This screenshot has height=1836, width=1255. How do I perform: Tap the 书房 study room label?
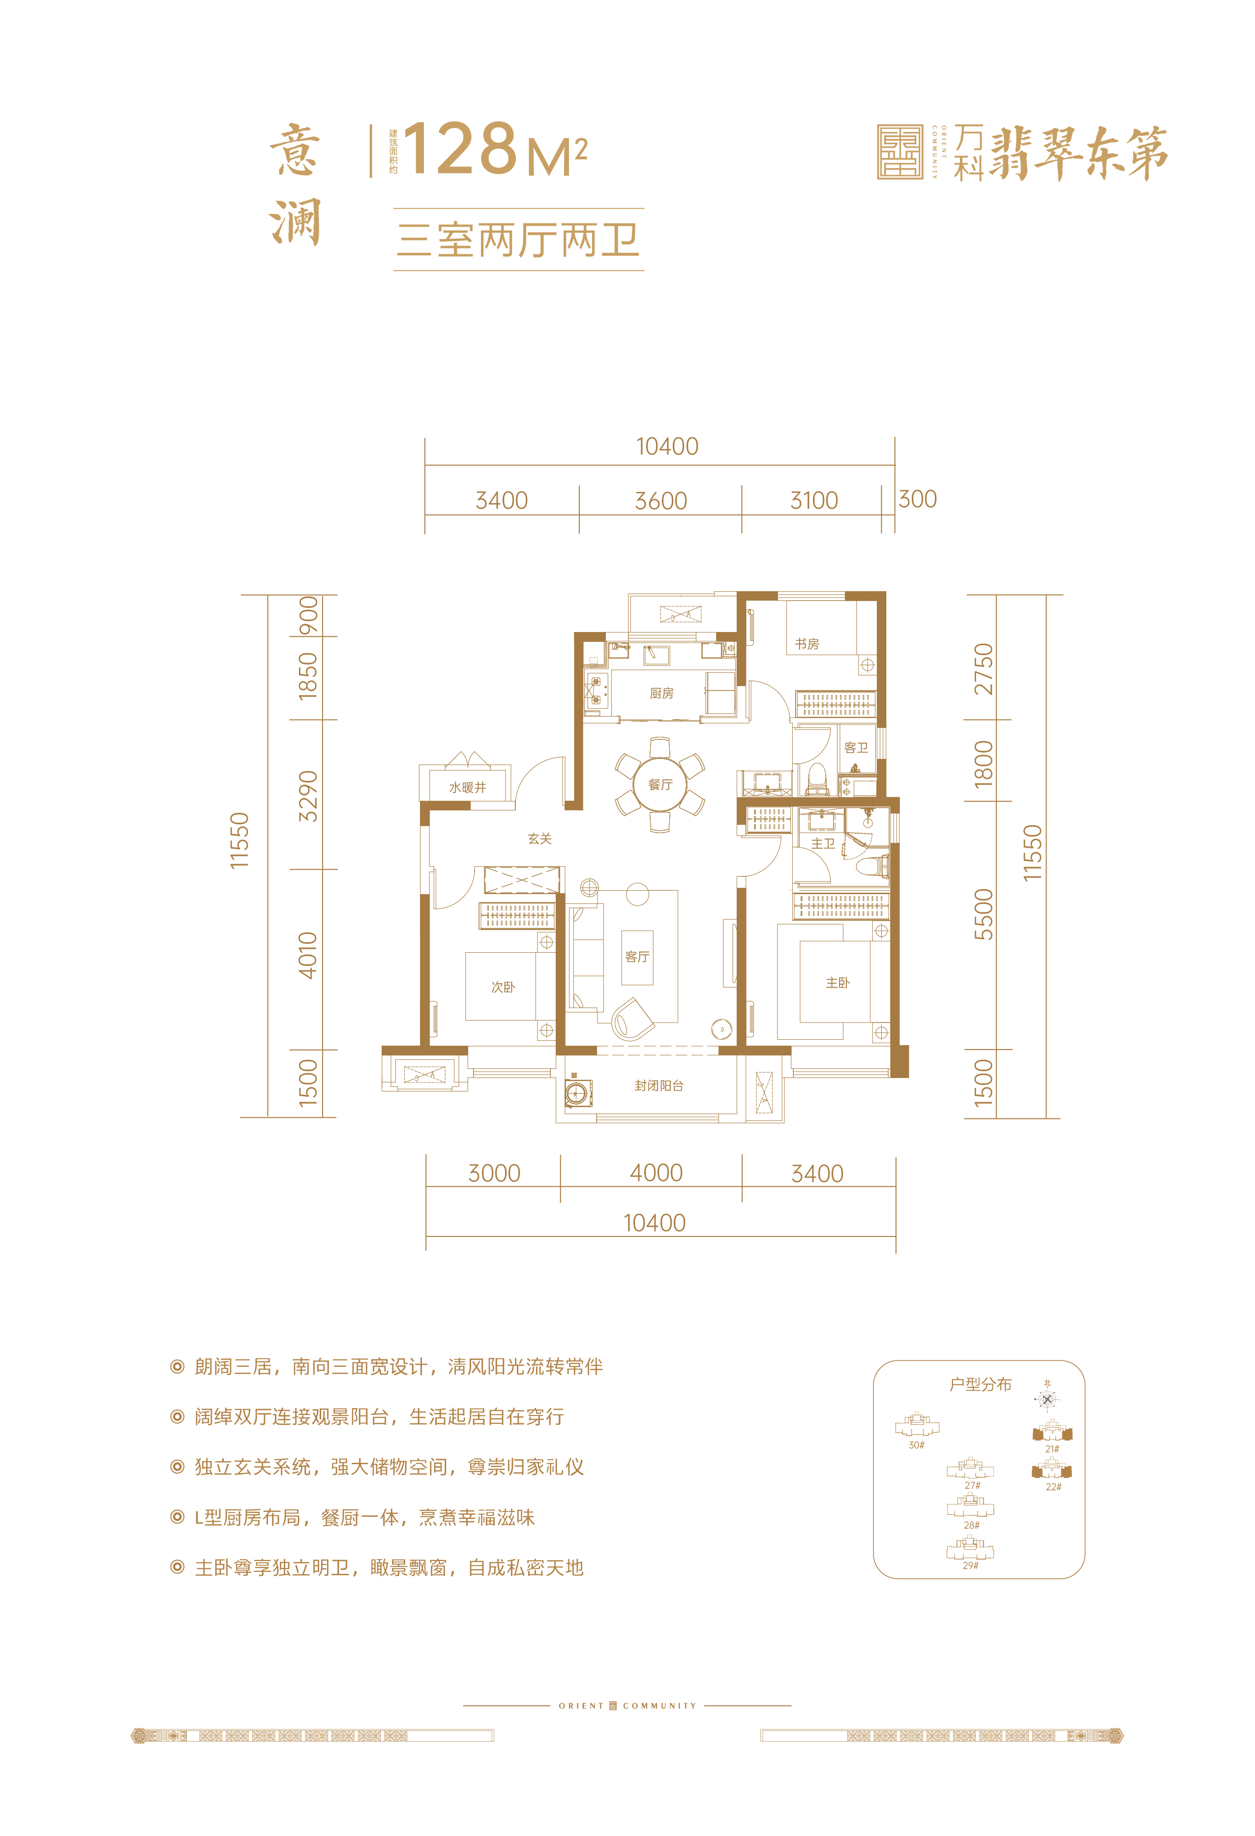pos(807,644)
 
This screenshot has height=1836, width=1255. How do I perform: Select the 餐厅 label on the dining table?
pos(660,784)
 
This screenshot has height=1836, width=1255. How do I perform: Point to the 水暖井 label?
pos(468,787)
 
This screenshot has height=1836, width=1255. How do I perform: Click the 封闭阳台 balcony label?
pos(658,1085)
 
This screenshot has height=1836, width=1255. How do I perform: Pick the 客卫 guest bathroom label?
pos(856,748)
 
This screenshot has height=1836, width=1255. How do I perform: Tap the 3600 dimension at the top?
pos(661,501)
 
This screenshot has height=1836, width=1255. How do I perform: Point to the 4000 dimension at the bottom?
pos(657,1173)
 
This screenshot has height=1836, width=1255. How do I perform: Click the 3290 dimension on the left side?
pos(308,796)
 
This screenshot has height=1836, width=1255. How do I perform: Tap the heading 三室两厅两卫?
pos(518,240)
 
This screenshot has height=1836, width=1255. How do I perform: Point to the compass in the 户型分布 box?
pos(1047,1400)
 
